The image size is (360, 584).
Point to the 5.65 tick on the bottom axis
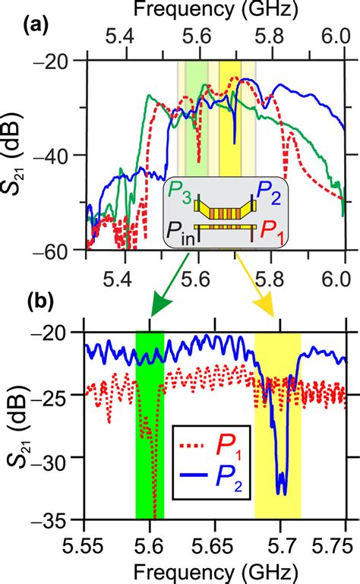[x=216, y=538]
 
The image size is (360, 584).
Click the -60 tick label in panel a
[x=61, y=251]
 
